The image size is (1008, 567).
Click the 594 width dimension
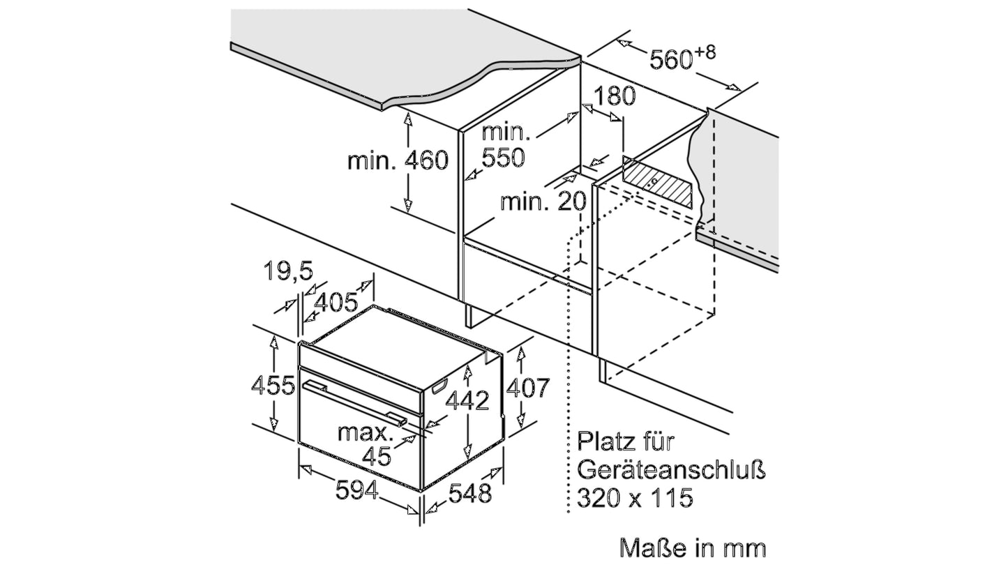coord(357,490)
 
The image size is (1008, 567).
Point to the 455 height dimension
coord(273,386)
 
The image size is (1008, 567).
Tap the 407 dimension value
coord(528,388)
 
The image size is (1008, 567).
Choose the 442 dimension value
coord(467,400)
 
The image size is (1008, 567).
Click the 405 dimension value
coord(336,302)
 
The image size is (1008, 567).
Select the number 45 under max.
coord(377,456)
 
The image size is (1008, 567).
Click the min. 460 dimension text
coord(398,160)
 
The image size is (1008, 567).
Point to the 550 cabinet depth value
coord(504,158)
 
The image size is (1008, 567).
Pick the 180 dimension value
coord(615,96)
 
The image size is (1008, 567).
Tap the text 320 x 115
coord(635,498)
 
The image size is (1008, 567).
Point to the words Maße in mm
coord(693,548)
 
